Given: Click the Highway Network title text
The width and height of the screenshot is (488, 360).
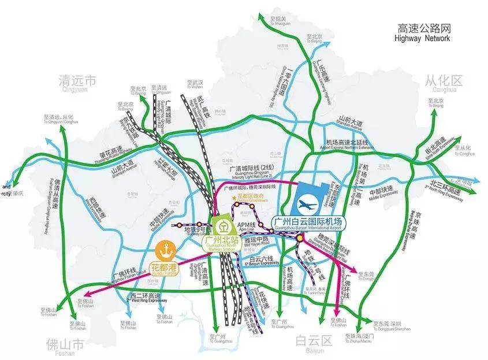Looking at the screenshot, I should (x=424, y=33).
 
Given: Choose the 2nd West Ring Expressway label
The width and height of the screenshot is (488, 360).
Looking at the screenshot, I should (x=147, y=298).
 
